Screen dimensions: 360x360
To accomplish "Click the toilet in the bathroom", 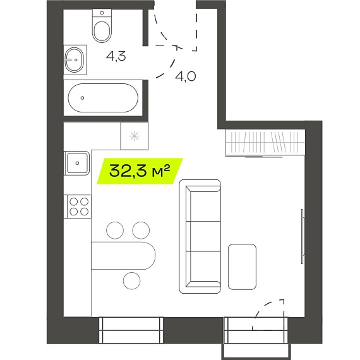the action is (x=102, y=25).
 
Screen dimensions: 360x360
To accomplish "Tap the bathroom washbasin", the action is (x=75, y=60).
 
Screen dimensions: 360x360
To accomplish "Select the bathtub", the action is (x=103, y=98).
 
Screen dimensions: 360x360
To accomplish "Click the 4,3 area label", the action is (x=116, y=56).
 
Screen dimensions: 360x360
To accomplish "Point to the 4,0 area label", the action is (x=186, y=76).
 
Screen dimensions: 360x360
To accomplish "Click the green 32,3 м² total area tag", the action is (x=140, y=171).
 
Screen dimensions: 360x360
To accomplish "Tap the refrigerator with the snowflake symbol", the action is (x=135, y=136).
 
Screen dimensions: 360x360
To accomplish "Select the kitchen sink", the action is (x=77, y=163).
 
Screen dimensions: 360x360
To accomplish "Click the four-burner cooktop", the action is (x=79, y=206).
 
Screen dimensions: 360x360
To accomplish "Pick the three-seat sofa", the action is (x=200, y=236).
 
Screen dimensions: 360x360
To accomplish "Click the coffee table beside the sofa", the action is (x=242, y=267).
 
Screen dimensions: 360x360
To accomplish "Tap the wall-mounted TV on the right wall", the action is (x=303, y=236).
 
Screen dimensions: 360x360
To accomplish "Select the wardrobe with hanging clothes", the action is (x=265, y=143).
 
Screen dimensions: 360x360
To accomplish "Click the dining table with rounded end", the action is (x=123, y=255).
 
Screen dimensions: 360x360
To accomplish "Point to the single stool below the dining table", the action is (x=131, y=281).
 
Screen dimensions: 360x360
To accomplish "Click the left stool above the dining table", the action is (x=115, y=231).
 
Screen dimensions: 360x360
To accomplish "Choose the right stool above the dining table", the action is (x=141, y=231).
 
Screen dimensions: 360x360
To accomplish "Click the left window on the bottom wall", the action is (x=131, y=330).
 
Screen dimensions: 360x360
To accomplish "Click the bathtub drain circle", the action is (x=82, y=98).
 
